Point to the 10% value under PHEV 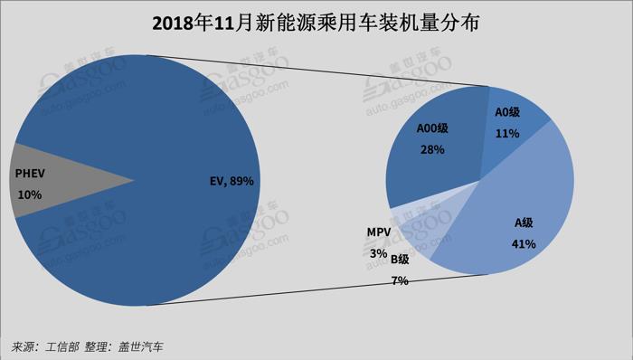(30, 194)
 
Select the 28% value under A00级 (431, 149)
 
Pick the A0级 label (507, 112)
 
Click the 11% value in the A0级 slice (507, 132)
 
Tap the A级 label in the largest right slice (525, 223)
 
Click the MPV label (378, 233)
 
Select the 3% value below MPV (377, 253)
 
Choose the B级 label (399, 261)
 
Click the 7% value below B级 (399, 280)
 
